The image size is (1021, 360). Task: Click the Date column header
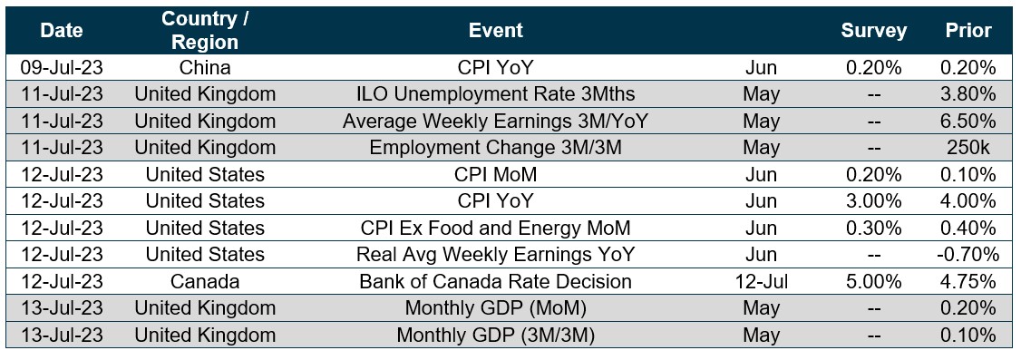tap(62, 30)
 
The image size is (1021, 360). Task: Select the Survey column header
tap(873, 30)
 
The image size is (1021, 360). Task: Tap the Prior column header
tap(968, 30)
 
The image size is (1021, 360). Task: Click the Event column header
tap(495, 30)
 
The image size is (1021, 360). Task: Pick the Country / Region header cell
tap(205, 30)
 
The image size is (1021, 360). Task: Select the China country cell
tap(205, 67)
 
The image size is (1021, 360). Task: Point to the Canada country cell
tap(205, 281)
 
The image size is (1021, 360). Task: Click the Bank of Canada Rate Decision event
tap(495, 281)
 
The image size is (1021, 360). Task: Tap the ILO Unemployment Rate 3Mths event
tap(495, 93)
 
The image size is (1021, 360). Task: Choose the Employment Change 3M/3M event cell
tap(495, 147)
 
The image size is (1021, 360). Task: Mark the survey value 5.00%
tap(873, 281)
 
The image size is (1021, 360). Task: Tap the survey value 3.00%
tap(873, 200)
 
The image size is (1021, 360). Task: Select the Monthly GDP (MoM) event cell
tap(495, 308)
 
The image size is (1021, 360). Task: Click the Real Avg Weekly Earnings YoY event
tap(495, 255)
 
